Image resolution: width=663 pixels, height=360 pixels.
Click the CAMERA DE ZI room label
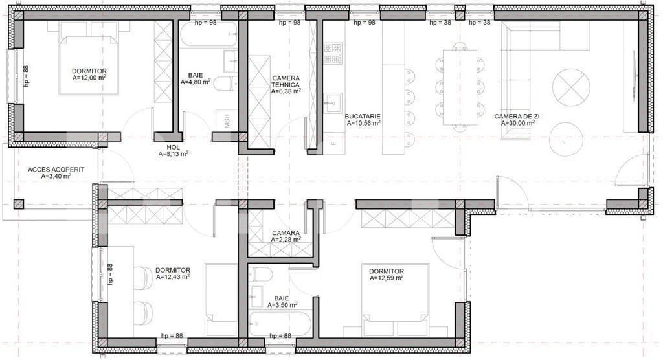pos(517,117)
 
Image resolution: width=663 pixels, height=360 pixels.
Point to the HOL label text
pos(173,147)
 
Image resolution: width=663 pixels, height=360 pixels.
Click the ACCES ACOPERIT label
pos(56,170)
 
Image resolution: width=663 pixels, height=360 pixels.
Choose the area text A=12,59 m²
pos(387,278)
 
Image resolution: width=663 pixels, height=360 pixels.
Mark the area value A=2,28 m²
pos(286,239)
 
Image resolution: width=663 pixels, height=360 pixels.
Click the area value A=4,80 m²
pos(196,82)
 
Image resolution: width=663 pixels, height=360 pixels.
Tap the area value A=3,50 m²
pos(282,304)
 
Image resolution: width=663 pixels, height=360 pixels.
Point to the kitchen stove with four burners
pos(332,54)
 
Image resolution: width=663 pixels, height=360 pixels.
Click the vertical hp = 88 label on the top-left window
pos(27,76)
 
